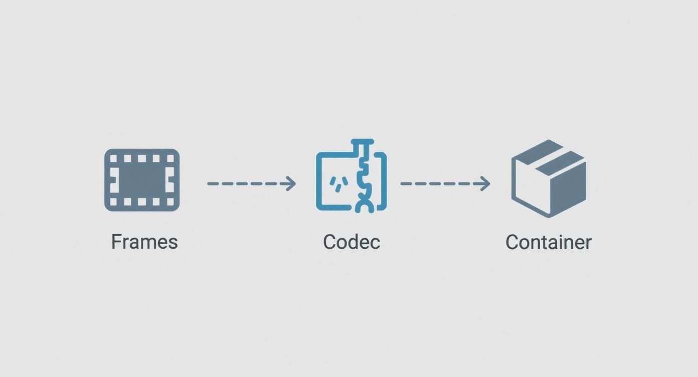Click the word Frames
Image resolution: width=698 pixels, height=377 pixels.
click(144, 242)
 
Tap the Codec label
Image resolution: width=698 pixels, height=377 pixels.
click(352, 242)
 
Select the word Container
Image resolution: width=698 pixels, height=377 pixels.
click(549, 242)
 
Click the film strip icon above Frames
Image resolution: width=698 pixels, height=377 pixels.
click(142, 180)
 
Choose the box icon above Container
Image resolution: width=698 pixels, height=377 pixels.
click(549, 178)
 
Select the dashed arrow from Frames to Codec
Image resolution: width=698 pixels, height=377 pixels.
click(251, 183)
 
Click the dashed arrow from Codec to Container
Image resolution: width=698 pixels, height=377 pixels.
click(444, 183)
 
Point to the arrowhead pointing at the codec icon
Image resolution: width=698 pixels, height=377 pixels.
click(291, 183)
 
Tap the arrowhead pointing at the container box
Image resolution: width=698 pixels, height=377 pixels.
click(485, 183)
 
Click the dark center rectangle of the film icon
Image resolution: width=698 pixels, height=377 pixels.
click(142, 180)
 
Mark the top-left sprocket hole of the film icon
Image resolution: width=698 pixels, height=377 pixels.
click(113, 158)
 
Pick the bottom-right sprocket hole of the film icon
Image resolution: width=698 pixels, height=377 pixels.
click(170, 202)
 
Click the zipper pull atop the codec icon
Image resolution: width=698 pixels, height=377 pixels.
click(363, 143)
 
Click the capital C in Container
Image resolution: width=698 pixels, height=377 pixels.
click(511, 242)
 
